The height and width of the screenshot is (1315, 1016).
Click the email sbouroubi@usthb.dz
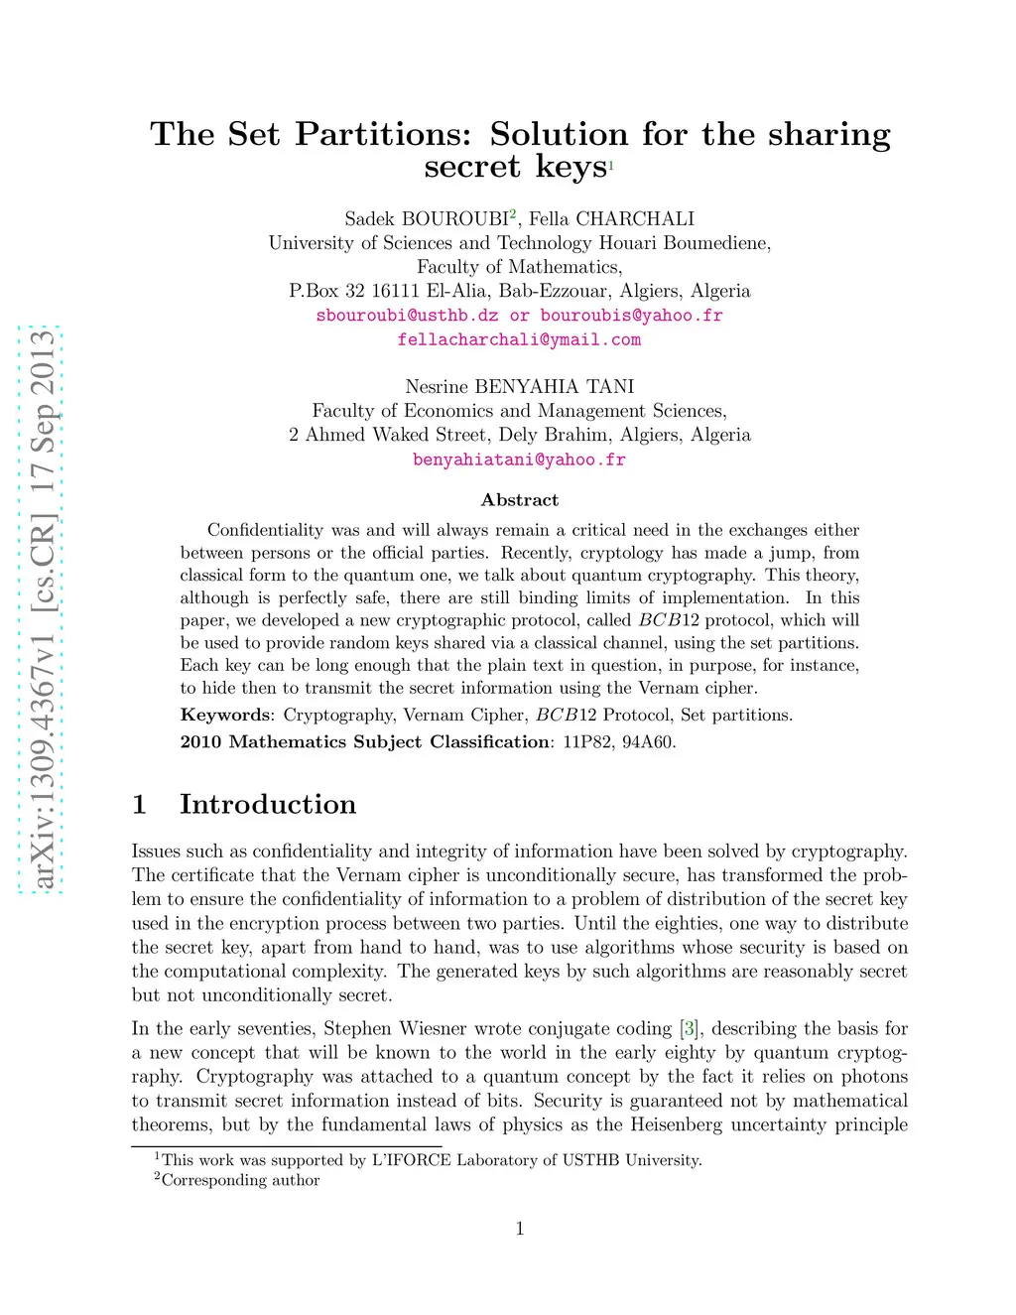click(x=407, y=316)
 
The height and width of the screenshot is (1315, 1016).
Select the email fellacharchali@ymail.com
click(x=519, y=339)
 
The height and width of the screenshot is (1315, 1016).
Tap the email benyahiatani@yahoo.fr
click(x=519, y=460)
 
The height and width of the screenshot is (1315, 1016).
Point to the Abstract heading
click(x=519, y=500)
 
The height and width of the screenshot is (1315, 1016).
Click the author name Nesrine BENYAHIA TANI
click(x=519, y=387)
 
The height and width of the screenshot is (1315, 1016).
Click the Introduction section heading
click(x=267, y=804)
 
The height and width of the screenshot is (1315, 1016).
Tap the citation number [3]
click(x=690, y=1029)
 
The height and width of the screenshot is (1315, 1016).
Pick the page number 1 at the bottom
click(x=519, y=1229)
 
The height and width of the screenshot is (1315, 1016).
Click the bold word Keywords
click(x=225, y=715)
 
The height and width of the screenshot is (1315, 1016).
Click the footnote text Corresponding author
click(x=240, y=1180)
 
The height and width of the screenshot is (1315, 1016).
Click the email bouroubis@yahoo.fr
click(x=631, y=316)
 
